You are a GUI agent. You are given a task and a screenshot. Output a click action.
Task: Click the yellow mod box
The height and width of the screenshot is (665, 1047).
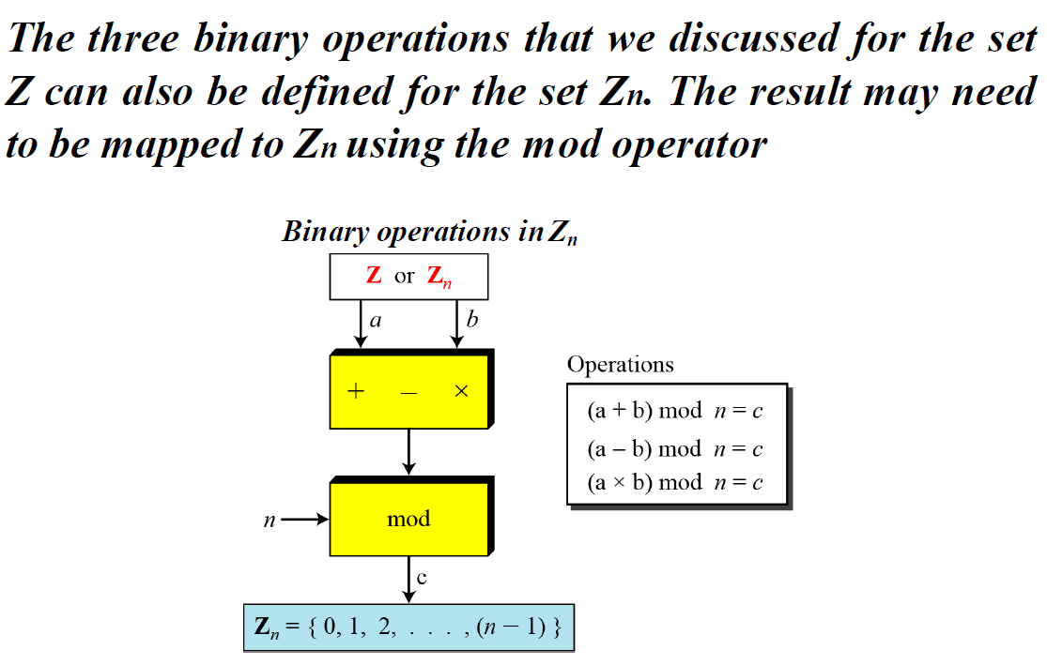point(408,519)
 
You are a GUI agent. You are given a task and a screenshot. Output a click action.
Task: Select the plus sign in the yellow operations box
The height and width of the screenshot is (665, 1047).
point(356,392)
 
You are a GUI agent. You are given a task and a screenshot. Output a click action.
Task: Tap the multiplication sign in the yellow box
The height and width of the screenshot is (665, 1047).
point(461,392)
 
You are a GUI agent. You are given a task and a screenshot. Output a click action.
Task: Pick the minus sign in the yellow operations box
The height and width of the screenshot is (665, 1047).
point(408,393)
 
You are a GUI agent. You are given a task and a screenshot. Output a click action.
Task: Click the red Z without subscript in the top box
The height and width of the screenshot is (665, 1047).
point(374,276)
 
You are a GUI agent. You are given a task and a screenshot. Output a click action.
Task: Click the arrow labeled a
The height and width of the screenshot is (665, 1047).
point(361,325)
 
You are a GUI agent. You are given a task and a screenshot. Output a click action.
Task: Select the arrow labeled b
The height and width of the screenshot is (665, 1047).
point(456,325)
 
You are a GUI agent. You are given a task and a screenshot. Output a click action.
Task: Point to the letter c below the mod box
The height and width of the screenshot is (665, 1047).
point(422,579)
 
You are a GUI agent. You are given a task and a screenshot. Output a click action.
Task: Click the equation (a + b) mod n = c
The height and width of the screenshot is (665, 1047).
point(674,413)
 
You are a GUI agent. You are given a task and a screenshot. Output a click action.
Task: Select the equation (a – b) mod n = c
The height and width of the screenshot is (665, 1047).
point(674,448)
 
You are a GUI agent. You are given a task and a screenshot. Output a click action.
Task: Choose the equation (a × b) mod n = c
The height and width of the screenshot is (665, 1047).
point(674,482)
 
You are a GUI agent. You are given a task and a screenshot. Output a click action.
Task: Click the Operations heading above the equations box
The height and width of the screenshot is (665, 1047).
point(620,365)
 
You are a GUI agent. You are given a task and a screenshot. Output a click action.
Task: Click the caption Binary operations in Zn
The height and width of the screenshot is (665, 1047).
point(429,232)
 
